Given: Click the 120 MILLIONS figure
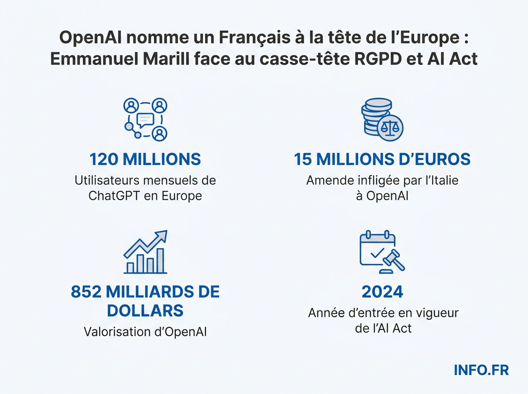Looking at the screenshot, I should (x=145, y=159).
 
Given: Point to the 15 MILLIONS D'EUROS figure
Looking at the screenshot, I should (x=382, y=159).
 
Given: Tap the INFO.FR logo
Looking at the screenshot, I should (x=481, y=370).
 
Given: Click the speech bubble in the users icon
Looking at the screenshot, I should (x=145, y=119).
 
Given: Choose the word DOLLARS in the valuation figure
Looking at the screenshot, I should (x=145, y=310).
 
